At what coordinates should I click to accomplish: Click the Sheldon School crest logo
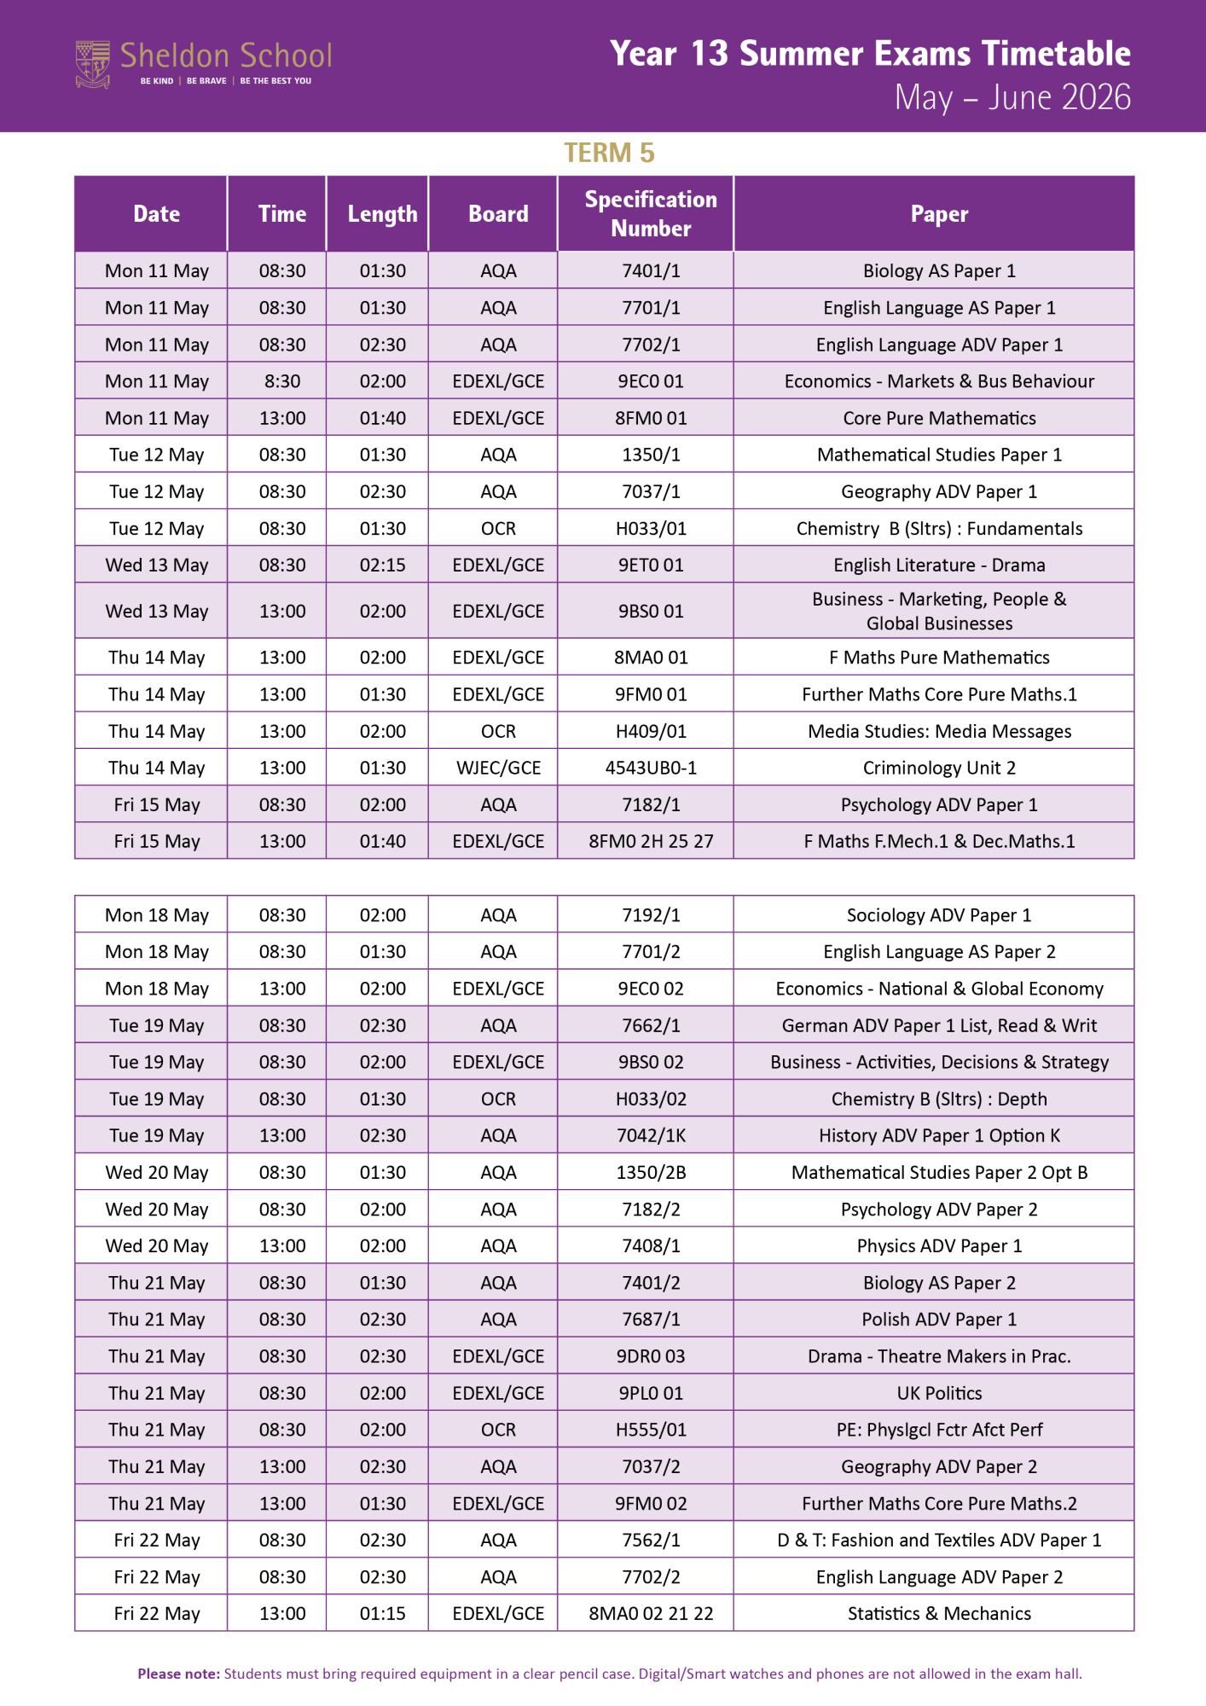click(93, 64)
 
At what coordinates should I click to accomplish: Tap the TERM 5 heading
click(609, 153)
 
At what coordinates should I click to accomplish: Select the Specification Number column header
click(651, 213)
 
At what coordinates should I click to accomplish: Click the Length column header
click(382, 213)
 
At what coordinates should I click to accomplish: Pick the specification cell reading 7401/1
click(651, 271)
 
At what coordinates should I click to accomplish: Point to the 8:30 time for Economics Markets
click(282, 381)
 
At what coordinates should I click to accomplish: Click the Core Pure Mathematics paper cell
click(939, 418)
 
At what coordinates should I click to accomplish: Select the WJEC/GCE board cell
click(498, 768)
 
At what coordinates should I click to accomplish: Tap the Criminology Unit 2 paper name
click(939, 768)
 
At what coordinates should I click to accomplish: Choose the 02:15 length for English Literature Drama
click(382, 565)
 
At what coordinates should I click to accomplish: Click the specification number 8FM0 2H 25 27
click(651, 841)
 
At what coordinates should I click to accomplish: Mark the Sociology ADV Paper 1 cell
click(939, 915)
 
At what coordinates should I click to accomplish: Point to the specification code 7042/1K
click(651, 1135)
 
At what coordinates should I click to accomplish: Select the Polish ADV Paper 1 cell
click(939, 1320)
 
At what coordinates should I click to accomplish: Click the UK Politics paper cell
click(939, 1393)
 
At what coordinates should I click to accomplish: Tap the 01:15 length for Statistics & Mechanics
click(382, 1614)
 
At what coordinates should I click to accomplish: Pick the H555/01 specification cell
click(651, 1430)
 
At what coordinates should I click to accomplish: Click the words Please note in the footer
click(179, 1674)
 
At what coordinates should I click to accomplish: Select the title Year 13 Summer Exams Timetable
click(870, 54)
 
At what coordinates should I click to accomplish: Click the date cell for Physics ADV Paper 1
click(157, 1246)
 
